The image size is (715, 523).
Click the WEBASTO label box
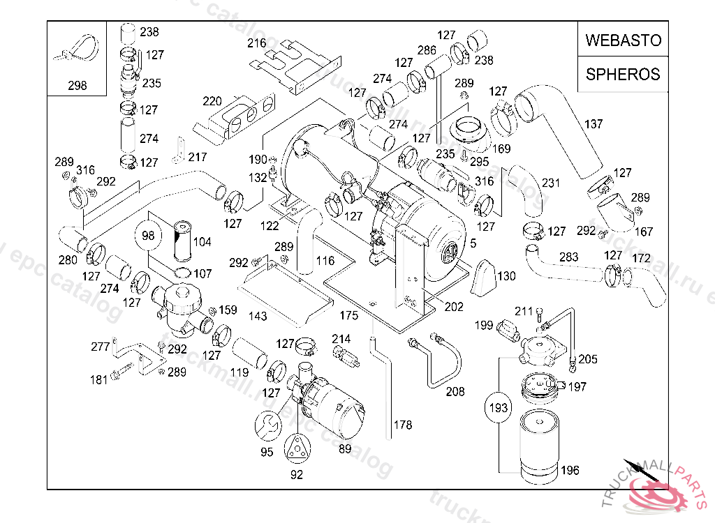coord(623,40)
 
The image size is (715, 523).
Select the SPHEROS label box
coord(623,74)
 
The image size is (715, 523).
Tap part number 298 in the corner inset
coord(78,86)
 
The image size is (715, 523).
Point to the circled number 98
coord(148,236)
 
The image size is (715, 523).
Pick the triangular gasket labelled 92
coord(297,447)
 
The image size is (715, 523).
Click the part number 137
coord(594,124)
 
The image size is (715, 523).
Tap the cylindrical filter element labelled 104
coord(182,241)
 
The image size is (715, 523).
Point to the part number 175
coord(348,316)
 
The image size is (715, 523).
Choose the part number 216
coord(257,43)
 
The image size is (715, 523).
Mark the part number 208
coord(455,392)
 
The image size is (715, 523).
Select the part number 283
coord(569,257)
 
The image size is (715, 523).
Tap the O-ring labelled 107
coord(182,273)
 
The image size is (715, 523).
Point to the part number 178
coord(403,425)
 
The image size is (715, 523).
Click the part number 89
coord(345,449)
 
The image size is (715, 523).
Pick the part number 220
coord(212,101)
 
